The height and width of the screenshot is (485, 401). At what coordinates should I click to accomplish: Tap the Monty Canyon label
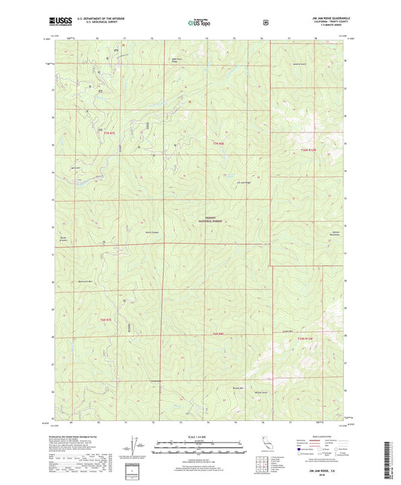point(151,232)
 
